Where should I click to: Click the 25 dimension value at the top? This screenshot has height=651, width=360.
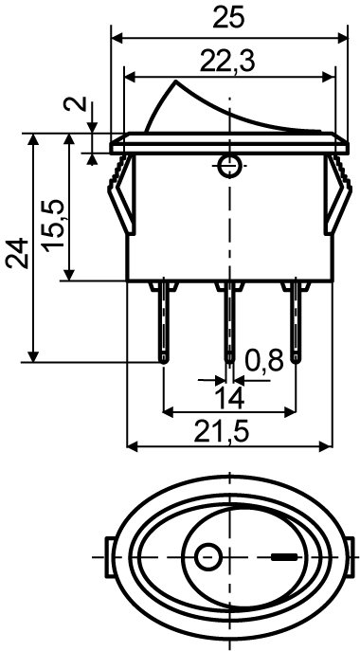tap(228, 17)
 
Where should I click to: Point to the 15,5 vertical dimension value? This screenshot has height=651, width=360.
tap(53, 226)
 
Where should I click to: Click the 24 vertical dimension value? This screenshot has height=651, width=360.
tap(17, 254)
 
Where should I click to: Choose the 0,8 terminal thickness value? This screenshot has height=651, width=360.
tap(264, 360)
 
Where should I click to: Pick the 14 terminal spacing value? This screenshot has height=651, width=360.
tap(228, 399)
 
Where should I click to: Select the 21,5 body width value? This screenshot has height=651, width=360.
tap(222, 433)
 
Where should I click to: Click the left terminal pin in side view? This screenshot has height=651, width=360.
tap(164, 322)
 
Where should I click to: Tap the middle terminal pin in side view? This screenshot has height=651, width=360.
tap(228, 322)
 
